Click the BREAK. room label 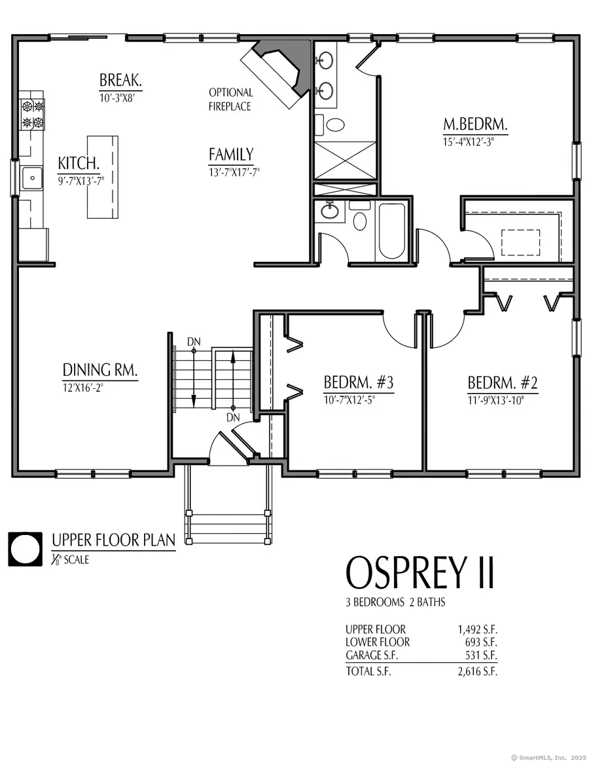click(x=120, y=81)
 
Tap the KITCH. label click(x=79, y=163)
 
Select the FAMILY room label click(x=231, y=155)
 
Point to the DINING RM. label click(x=100, y=370)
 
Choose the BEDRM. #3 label click(x=358, y=382)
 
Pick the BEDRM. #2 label click(x=502, y=382)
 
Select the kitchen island click(x=102, y=177)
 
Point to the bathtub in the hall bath click(x=391, y=231)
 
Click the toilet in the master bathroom click(x=336, y=124)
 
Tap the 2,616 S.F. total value click(x=478, y=672)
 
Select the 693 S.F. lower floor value click(x=482, y=642)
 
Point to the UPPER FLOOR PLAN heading click(x=113, y=541)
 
